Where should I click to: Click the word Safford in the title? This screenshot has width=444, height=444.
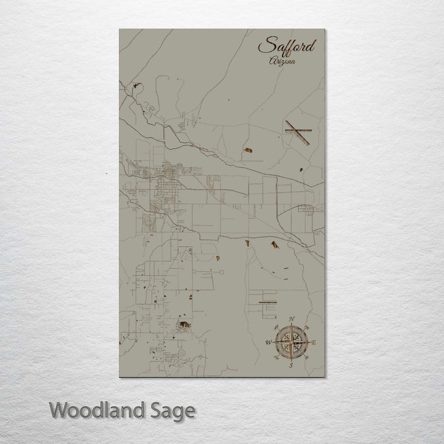pyautogui.click(x=287, y=46)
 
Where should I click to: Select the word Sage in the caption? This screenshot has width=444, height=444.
pyautogui.click(x=171, y=411)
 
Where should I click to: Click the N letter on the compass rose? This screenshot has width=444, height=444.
pyautogui.click(x=292, y=318)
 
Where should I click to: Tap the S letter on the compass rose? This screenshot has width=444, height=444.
pyautogui.click(x=291, y=365)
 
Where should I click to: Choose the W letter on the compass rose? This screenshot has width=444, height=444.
pyautogui.click(x=268, y=342)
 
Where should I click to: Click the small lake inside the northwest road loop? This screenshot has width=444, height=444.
pyautogui.click(x=137, y=87)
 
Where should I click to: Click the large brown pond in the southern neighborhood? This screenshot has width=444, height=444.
pyautogui.click(x=184, y=324)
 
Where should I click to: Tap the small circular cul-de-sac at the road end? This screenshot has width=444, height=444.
pyautogui.click(x=191, y=249)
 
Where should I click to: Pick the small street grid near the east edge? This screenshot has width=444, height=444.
pyautogui.click(x=306, y=209)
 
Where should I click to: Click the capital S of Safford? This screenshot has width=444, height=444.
pyautogui.click(x=265, y=46)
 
